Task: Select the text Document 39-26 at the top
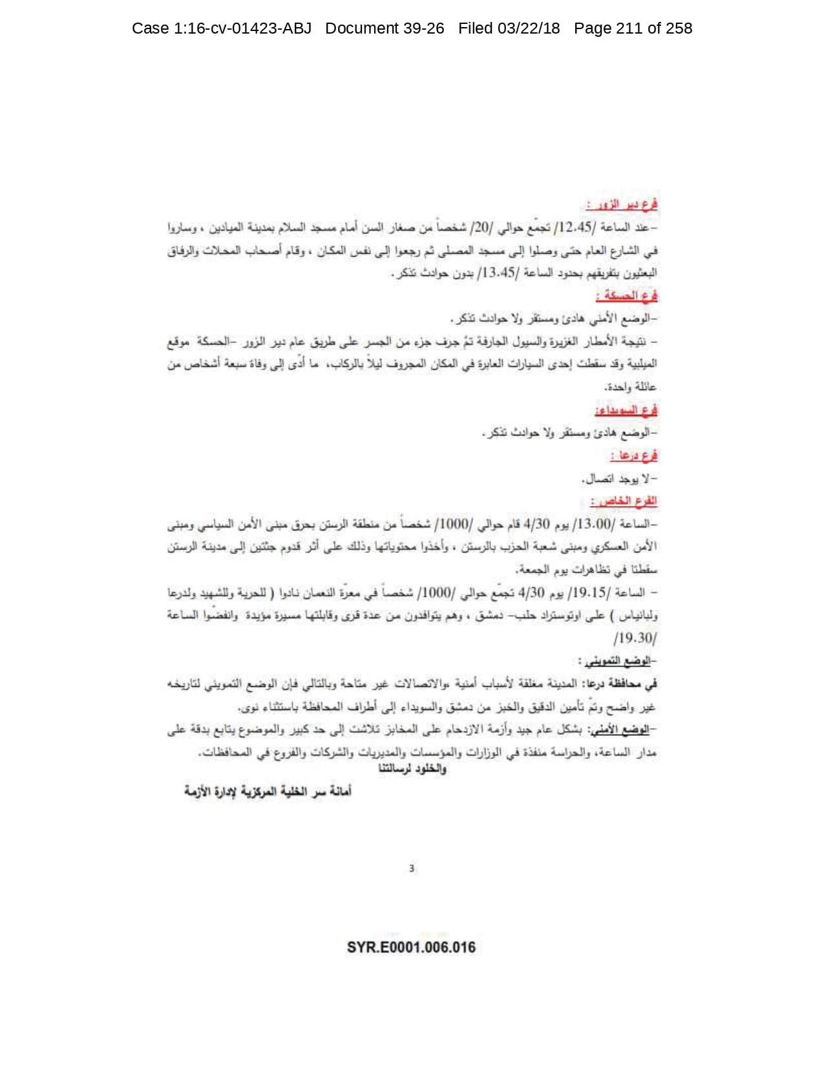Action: click(x=385, y=28)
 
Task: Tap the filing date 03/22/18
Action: click(x=528, y=28)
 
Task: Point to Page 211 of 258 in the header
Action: click(x=633, y=28)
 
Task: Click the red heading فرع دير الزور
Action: click(x=622, y=205)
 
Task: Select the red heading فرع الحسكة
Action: click(x=626, y=296)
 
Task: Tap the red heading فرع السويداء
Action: click(x=626, y=410)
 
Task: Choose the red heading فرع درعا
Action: click(x=633, y=455)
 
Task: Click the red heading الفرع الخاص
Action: click(x=624, y=501)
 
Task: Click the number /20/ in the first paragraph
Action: click(x=481, y=227)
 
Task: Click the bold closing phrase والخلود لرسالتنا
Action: click(x=412, y=769)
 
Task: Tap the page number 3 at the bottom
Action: click(x=412, y=868)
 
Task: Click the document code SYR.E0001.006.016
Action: click(x=411, y=947)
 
